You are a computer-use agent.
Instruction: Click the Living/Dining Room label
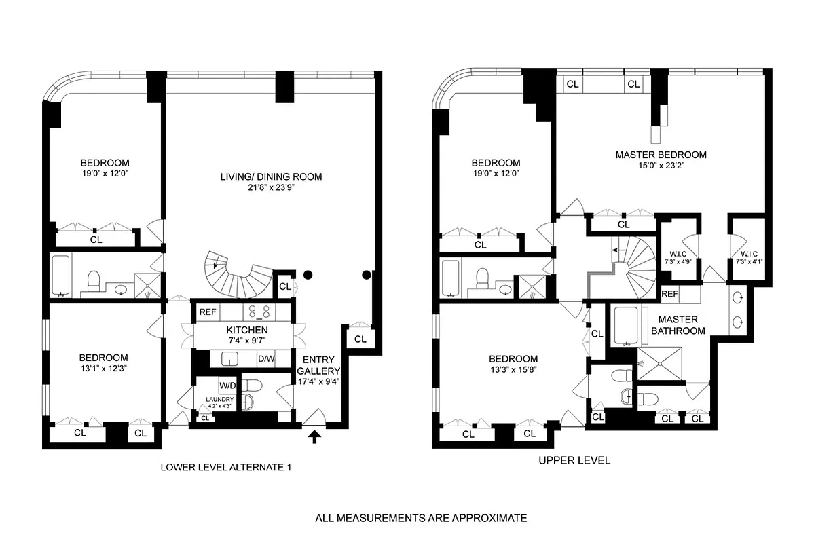coord(270,176)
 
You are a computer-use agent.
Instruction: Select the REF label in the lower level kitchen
coord(207,312)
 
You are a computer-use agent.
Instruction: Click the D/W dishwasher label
coord(265,359)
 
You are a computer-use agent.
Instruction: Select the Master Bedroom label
coord(661,155)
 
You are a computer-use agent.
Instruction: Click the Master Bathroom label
coord(678,325)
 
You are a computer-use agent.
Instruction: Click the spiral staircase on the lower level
coord(238,275)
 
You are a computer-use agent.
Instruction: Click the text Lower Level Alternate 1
coord(227,467)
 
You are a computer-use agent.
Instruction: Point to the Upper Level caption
coord(574,460)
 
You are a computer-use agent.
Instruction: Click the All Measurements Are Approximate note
coord(421,518)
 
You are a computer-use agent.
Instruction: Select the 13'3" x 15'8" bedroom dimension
coord(513,371)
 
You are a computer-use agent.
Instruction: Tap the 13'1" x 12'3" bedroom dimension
coord(103,369)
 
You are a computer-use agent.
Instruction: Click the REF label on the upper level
coord(670,294)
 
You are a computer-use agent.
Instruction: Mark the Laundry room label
coord(221,399)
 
